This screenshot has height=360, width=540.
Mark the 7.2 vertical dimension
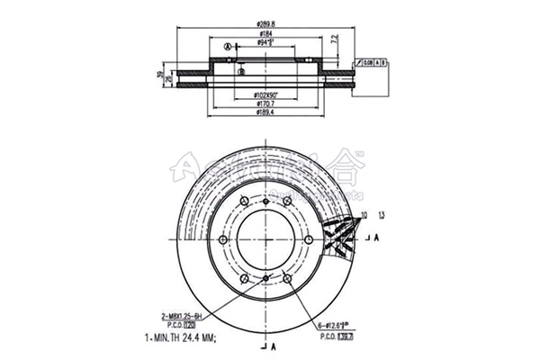334,40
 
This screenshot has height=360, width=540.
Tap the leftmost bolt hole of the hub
220,240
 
